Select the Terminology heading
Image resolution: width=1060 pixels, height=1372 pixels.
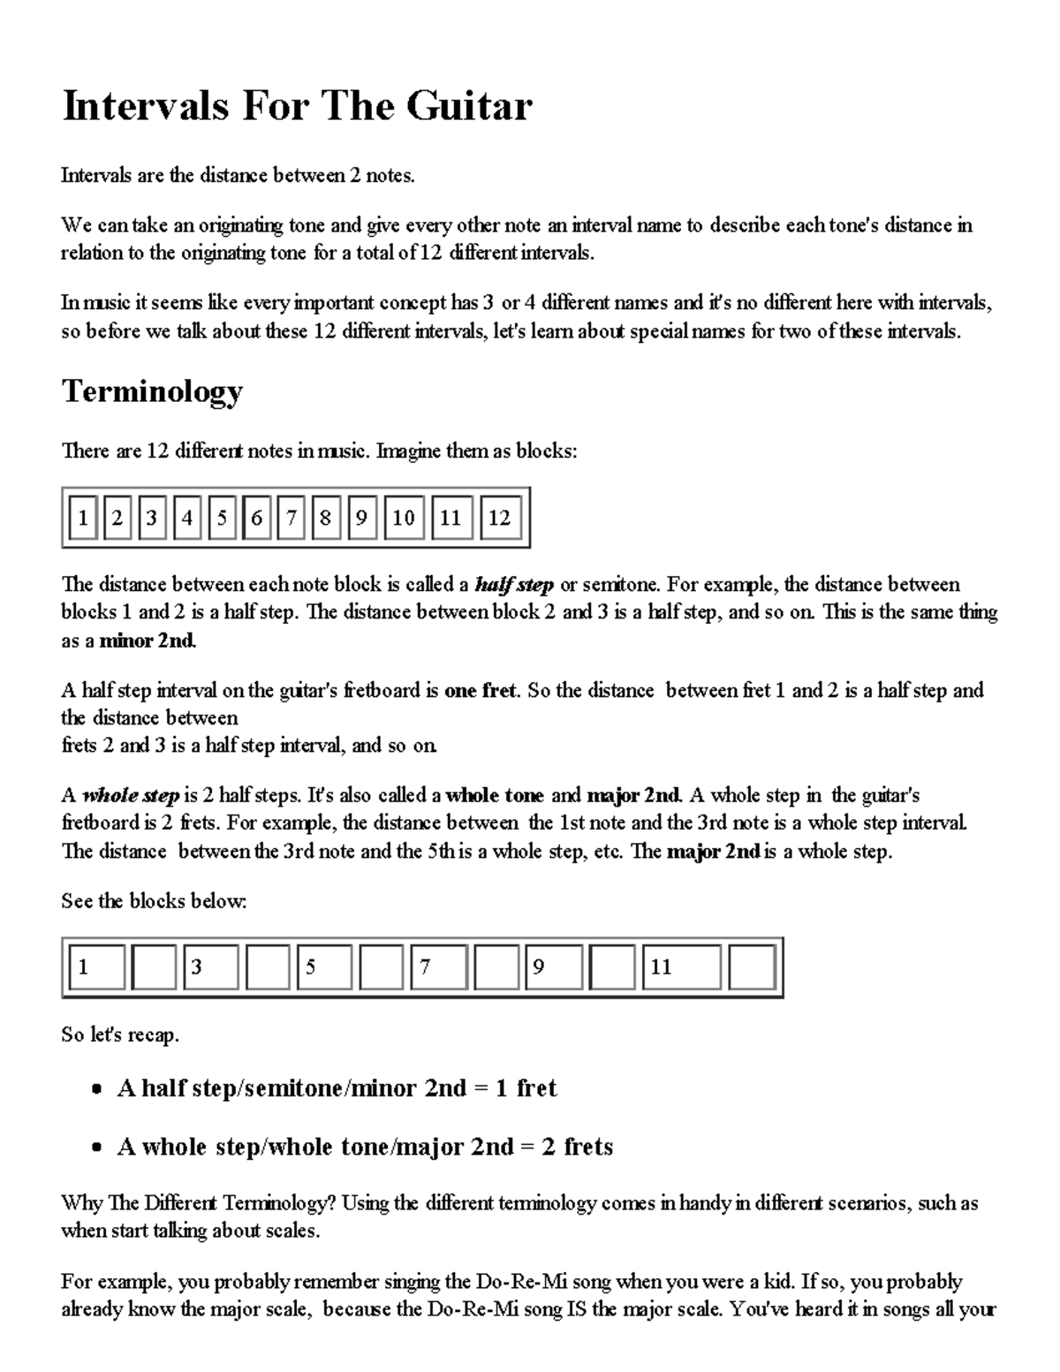151,391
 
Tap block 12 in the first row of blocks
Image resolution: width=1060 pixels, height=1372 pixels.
499,518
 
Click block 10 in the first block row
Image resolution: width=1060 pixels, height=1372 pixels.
403,518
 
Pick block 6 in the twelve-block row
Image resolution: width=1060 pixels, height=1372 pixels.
256,518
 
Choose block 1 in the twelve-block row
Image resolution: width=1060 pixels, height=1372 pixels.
83,518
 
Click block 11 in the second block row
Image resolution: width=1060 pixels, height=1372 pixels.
680,967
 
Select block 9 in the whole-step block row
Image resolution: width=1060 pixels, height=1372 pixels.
555,967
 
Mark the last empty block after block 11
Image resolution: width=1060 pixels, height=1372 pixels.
753,967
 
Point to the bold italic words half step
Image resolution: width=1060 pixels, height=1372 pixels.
514,585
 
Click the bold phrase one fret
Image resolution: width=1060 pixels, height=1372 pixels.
480,691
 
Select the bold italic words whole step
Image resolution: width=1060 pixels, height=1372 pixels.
131,795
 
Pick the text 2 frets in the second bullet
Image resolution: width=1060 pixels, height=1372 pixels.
577,1147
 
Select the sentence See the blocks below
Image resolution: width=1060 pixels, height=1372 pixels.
154,901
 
